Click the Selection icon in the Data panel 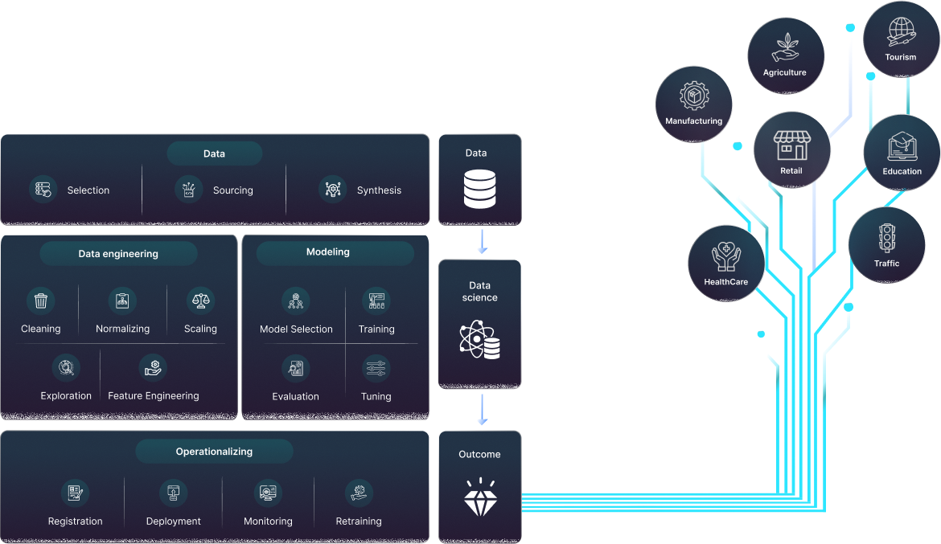42,190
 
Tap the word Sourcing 233,190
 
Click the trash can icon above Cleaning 41,301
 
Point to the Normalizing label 122,329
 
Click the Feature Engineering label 154,395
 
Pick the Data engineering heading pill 118,254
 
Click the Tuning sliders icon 376,369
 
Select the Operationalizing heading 214,452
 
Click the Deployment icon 173,492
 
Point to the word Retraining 359,522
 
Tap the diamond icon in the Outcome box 480,498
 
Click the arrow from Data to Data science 481,241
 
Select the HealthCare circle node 726,263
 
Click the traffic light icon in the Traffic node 887,237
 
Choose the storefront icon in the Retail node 791,146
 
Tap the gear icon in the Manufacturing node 693,96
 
